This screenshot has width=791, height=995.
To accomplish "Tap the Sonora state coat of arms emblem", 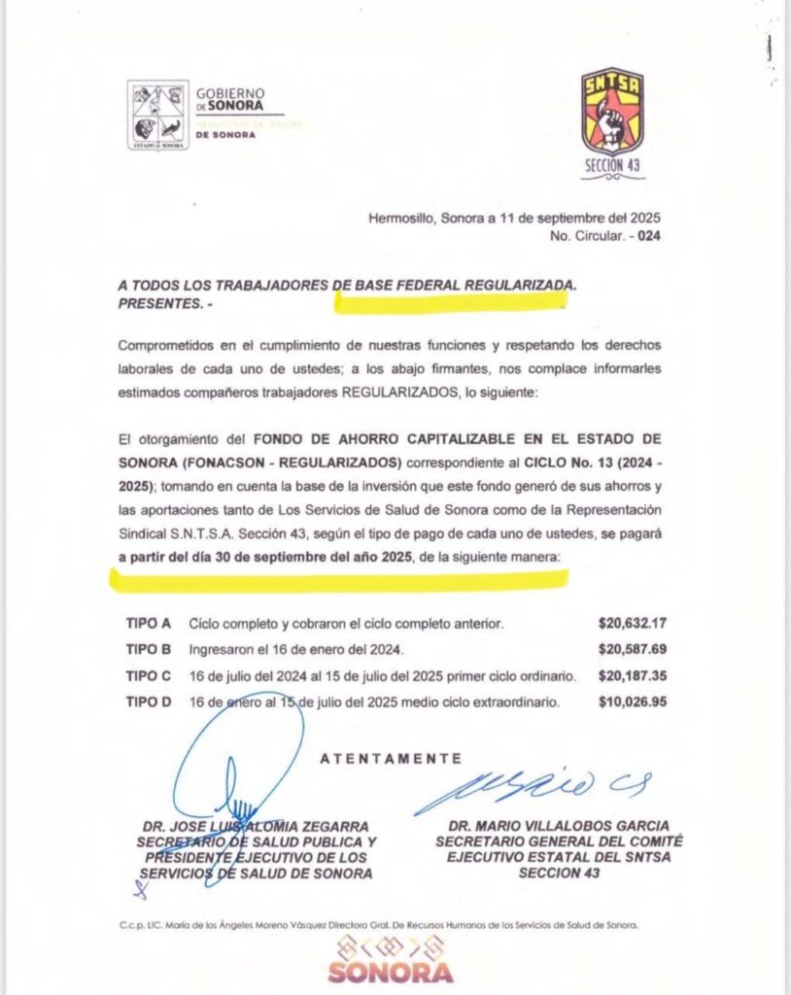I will tap(157, 115).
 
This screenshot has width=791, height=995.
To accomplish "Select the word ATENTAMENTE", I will tap(391, 759).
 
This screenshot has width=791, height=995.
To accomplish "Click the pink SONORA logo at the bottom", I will tap(390, 971).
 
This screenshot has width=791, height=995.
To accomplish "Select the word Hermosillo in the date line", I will tap(400, 219).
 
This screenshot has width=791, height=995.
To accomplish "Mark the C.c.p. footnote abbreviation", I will tap(131, 926).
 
